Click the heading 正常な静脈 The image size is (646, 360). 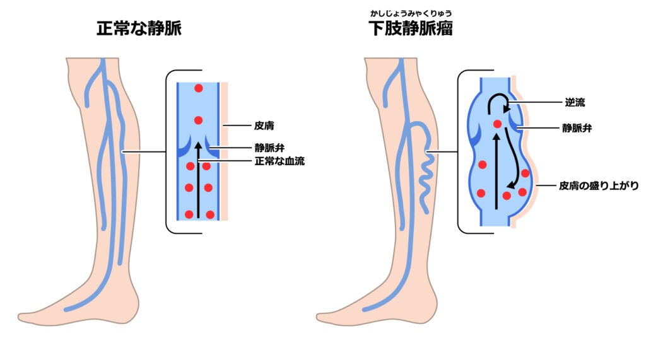click(139, 28)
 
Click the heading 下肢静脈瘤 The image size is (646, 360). click(411, 28)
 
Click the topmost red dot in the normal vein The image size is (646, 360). click(198, 89)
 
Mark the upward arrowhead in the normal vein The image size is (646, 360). click(199, 146)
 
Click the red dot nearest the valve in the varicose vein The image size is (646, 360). click(497, 124)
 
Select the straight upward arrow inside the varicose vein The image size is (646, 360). click(496, 170)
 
